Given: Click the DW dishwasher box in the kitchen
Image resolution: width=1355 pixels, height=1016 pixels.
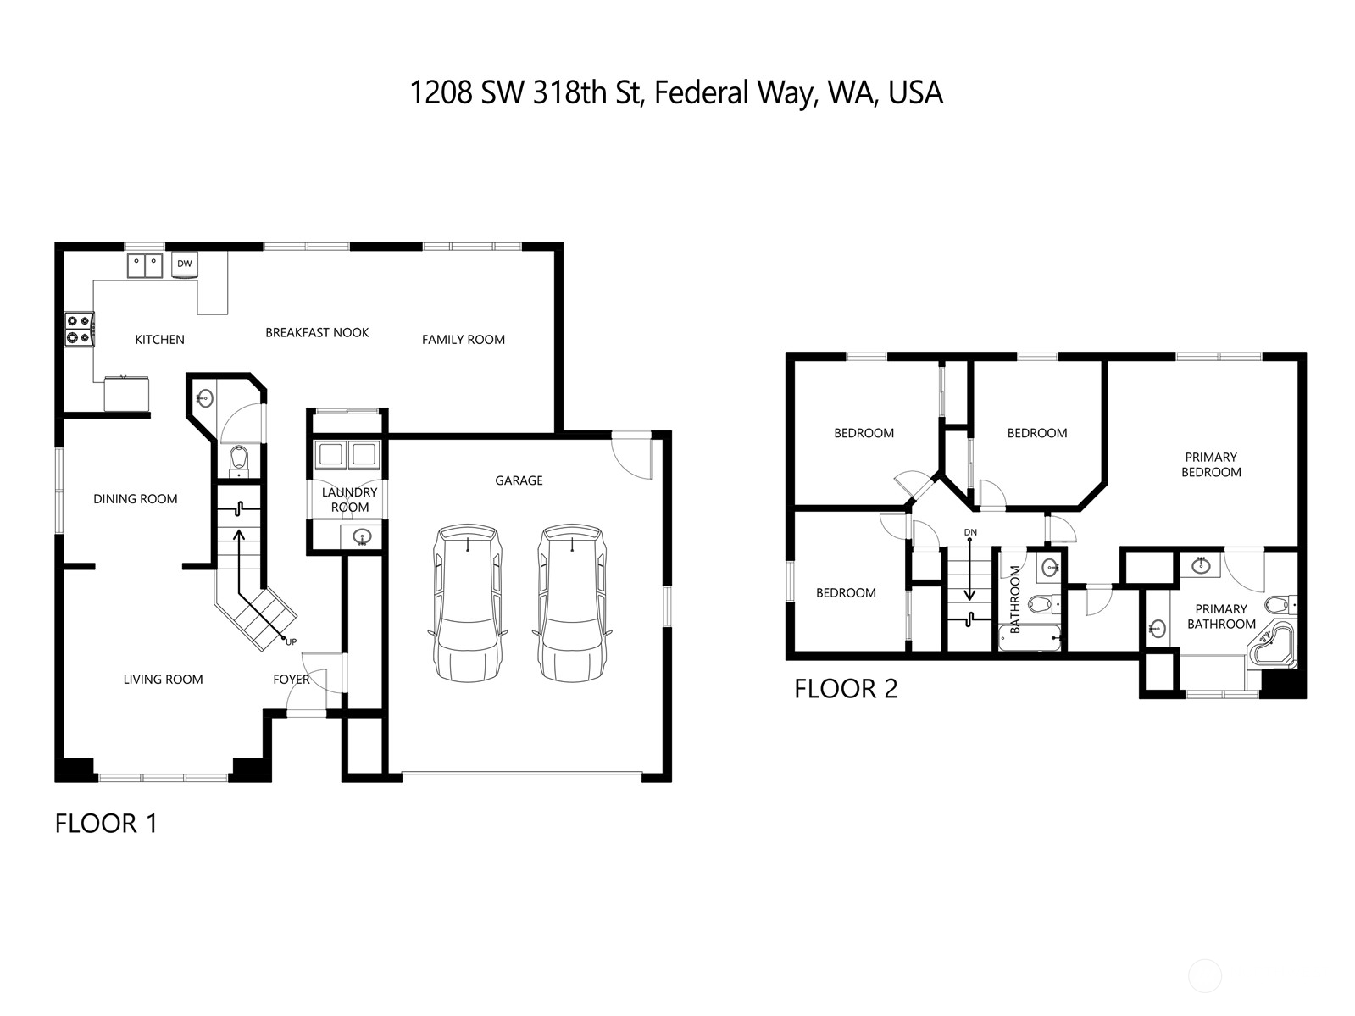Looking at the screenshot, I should (x=185, y=264).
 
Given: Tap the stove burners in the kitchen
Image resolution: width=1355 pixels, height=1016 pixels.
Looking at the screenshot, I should (x=80, y=330).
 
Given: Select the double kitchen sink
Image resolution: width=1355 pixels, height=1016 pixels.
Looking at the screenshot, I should (x=145, y=265).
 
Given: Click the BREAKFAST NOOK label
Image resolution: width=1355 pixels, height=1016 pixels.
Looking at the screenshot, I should (x=317, y=333).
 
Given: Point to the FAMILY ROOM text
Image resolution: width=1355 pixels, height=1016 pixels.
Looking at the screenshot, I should (x=464, y=340).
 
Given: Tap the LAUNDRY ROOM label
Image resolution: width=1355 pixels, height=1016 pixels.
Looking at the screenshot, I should (x=350, y=500).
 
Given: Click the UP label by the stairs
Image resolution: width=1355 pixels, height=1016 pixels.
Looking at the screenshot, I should (x=291, y=641).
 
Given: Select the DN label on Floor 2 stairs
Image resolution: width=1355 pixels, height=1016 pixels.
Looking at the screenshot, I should (x=970, y=532).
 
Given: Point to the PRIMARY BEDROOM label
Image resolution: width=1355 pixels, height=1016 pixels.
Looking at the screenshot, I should (x=1211, y=464).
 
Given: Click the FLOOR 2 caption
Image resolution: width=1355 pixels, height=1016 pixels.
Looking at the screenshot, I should (x=846, y=689).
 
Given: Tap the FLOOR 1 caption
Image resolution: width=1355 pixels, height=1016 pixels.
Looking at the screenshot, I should (x=106, y=823).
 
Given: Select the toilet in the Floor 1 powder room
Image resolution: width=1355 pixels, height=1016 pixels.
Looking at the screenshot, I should (x=239, y=461).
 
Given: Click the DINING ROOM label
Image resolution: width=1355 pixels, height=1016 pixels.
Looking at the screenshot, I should (x=136, y=499).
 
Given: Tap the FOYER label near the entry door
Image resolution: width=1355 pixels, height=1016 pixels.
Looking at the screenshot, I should (x=291, y=679).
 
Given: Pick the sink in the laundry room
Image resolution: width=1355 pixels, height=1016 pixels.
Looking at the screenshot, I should (x=362, y=536).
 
